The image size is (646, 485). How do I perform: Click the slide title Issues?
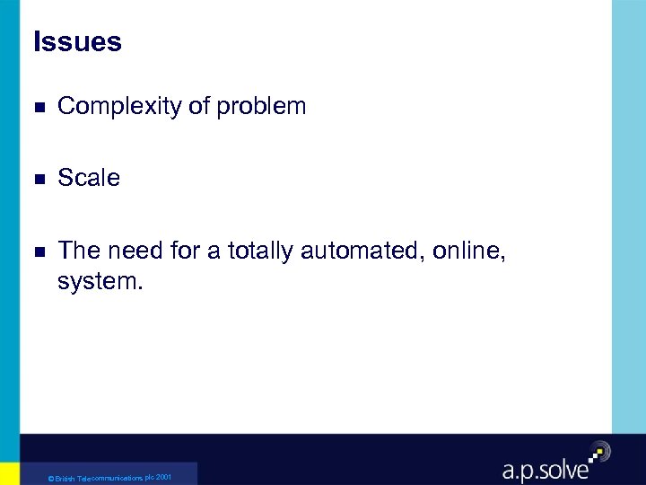click(x=77, y=42)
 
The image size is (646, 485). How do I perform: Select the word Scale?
click(x=89, y=178)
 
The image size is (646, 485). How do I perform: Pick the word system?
click(x=100, y=282)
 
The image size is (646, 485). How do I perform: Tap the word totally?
click(x=260, y=251)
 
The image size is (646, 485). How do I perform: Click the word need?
click(x=133, y=251)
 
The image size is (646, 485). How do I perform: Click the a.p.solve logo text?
click(x=544, y=468)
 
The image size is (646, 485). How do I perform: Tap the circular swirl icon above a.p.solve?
click(x=598, y=451)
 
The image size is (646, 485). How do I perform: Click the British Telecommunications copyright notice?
click(x=109, y=478)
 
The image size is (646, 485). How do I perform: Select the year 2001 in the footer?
click(x=162, y=477)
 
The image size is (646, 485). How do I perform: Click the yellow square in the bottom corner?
click(x=9, y=473)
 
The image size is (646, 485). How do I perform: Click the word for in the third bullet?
click(x=184, y=251)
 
